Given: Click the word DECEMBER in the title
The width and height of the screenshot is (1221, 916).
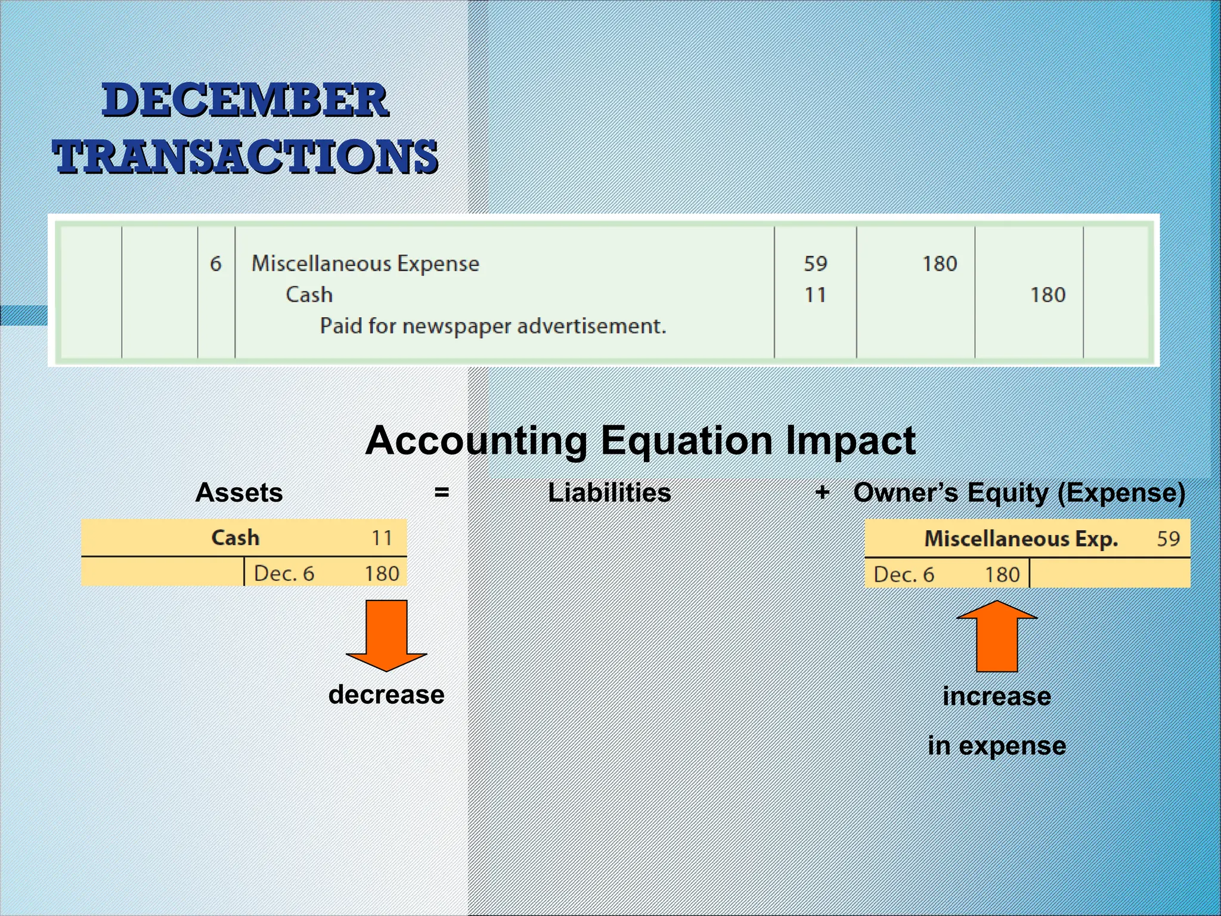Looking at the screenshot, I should point(245,100).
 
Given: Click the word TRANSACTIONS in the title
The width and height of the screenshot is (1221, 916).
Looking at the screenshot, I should point(245,157).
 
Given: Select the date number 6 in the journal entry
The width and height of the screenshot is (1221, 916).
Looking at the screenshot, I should point(216,264).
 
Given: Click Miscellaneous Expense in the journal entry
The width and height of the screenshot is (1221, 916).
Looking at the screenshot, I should point(365,264).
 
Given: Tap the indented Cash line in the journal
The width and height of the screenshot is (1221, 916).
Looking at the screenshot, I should point(309,295).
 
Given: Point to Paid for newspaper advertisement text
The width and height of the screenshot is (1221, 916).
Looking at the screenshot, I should point(492,326).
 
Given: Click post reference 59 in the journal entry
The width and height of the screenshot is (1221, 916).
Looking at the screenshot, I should point(815,264).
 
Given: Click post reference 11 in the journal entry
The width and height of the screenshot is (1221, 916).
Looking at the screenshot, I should point(815,295).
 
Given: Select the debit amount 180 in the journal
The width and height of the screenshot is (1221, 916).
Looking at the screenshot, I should point(940,264).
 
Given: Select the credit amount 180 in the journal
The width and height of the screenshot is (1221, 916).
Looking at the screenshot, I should point(1048,295).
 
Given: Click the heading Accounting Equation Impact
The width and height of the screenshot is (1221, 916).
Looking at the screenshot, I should point(640,441).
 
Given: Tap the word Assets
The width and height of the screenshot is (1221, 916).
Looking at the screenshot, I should point(239,493).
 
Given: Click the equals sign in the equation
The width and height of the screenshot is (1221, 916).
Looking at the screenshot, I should point(441,493).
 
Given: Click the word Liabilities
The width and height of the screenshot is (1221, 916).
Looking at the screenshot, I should point(609,493).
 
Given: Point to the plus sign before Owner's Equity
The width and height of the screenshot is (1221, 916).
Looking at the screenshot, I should point(822,493).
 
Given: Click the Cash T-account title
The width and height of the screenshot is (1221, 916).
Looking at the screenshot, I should point(235,538).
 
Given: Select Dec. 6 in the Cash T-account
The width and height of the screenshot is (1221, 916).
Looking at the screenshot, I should point(284,574).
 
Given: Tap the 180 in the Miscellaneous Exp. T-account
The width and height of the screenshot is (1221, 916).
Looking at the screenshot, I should point(1002,575).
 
